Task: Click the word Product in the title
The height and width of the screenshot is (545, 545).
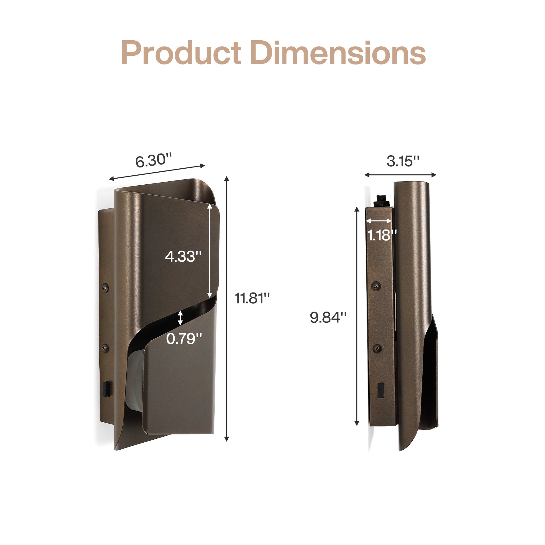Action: (181, 53)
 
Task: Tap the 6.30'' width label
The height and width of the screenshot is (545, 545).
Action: (154, 160)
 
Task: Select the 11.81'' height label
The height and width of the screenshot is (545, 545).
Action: (252, 298)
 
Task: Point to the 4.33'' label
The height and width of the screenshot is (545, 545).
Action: (183, 256)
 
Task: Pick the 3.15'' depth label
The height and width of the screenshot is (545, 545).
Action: (403, 161)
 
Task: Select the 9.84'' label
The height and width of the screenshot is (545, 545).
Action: (328, 317)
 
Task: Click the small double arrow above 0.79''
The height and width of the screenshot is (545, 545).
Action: (180, 318)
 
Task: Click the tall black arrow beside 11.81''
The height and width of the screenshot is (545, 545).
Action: (226, 309)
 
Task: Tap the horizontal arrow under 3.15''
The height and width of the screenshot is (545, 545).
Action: (400, 175)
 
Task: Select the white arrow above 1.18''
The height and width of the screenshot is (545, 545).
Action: (378, 221)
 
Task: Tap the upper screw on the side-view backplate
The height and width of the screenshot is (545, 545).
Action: (376, 286)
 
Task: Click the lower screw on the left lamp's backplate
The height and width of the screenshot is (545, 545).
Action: (105, 348)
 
